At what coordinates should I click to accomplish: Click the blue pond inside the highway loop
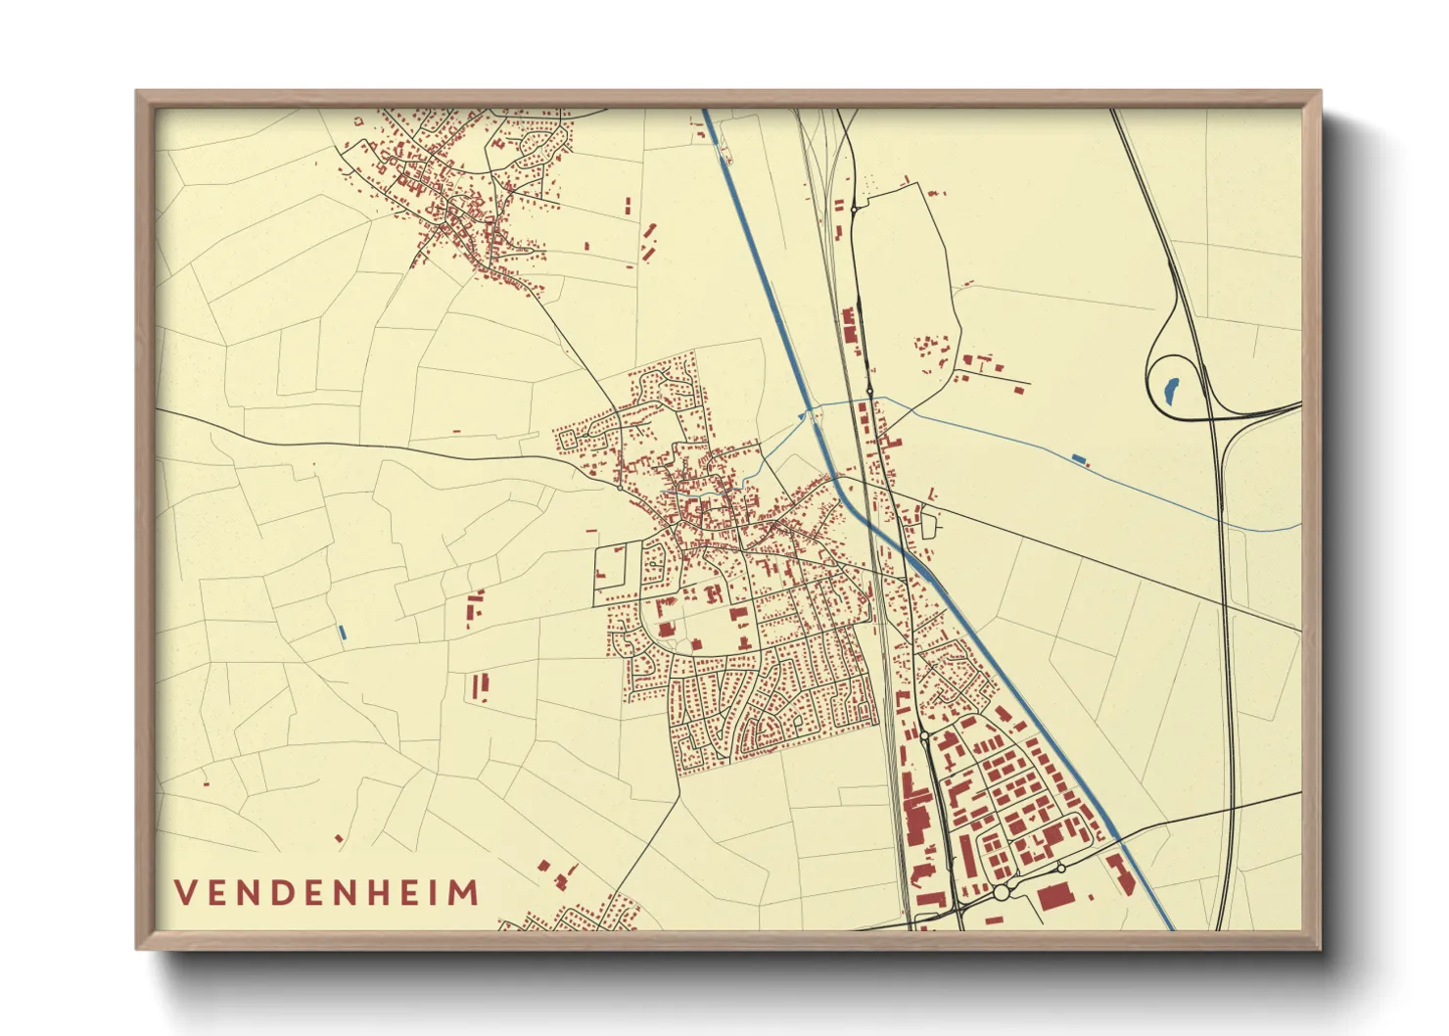click(x=1169, y=389)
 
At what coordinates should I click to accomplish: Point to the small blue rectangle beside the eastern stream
click(x=1079, y=458)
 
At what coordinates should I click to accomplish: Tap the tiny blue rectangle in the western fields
click(x=342, y=633)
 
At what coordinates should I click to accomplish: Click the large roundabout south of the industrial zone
click(x=1001, y=892)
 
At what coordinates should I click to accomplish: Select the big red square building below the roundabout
click(x=1053, y=896)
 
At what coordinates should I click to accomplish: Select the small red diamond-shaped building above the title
click(x=339, y=838)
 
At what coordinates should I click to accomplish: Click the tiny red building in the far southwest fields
click(x=206, y=782)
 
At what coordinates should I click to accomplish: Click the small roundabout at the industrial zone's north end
click(x=923, y=734)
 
